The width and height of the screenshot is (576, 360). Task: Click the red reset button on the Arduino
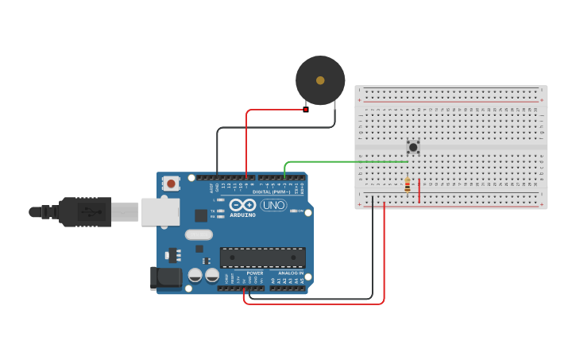(171, 184)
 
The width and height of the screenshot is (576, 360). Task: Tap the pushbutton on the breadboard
(413, 147)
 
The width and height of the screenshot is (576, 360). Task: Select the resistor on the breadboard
(408, 185)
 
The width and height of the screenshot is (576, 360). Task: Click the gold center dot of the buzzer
(320, 80)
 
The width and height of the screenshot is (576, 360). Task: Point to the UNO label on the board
(273, 205)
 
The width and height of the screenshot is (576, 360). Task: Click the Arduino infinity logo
(242, 205)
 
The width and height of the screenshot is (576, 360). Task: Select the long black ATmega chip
(262, 257)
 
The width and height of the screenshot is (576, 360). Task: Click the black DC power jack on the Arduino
(165, 277)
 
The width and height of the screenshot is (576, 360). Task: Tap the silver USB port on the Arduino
(160, 212)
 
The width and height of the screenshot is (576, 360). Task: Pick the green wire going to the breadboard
(342, 162)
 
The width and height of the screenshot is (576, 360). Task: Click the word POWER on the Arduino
(254, 273)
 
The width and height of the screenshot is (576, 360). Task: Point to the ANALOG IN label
(290, 273)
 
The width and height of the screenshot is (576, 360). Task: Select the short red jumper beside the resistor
(419, 191)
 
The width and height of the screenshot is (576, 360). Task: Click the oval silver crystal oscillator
(199, 234)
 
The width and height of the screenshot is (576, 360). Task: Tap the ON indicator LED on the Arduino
(295, 211)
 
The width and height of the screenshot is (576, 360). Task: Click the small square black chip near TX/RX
(201, 215)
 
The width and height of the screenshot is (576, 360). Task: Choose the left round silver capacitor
(195, 275)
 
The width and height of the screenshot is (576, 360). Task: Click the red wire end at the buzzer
(305, 109)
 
